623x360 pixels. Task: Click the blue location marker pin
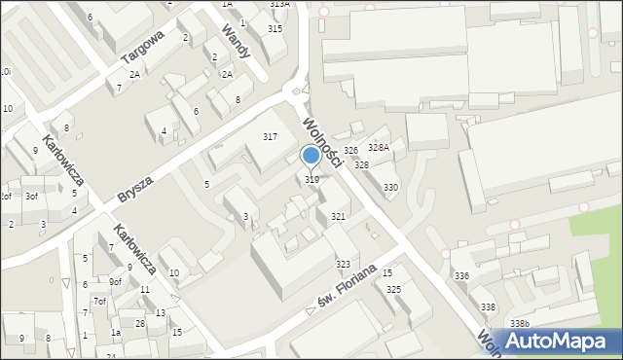tap(311, 156)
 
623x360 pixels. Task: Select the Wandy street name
tap(237, 41)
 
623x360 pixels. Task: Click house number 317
tap(270, 136)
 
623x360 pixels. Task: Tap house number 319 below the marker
tap(311, 179)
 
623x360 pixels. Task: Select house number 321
tap(338, 216)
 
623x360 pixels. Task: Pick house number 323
tap(343, 265)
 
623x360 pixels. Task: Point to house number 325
tap(393, 290)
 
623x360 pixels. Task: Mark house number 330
tap(390, 187)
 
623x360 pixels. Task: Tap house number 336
tap(461, 277)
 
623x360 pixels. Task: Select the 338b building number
tap(520, 323)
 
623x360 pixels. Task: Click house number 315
tap(275, 29)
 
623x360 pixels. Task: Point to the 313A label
tap(279, 5)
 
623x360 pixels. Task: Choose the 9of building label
tap(115, 282)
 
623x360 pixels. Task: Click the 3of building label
tap(31, 196)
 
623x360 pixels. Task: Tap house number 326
tap(350, 151)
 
